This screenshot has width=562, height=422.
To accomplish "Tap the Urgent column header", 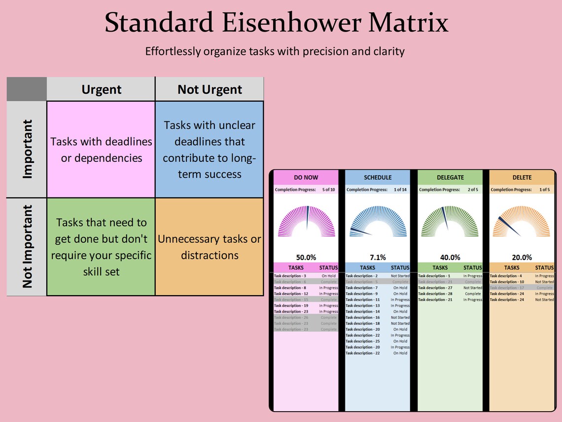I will (101, 89).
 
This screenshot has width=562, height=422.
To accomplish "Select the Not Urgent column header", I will (210, 89).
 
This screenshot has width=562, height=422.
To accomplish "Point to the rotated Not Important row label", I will (27, 246).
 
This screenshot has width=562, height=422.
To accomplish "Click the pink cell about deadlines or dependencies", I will (101, 150).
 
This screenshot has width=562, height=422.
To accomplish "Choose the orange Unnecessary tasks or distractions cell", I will (210, 247).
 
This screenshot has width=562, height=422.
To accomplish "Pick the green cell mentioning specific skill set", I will (101, 247).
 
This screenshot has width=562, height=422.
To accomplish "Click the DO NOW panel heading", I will (306, 177).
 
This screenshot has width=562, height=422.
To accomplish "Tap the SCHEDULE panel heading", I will (378, 177).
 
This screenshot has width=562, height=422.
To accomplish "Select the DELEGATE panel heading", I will (450, 177).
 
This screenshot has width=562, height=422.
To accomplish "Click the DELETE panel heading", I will (522, 177).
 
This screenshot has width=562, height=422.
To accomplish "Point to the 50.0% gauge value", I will (306, 257).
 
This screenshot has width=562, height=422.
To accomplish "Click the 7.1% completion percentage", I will (378, 257).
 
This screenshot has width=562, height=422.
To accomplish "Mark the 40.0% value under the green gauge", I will (450, 257).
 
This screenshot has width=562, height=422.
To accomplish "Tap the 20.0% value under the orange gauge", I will (522, 257).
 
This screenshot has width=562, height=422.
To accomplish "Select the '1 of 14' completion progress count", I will (400, 190).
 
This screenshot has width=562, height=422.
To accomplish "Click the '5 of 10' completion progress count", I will (329, 190).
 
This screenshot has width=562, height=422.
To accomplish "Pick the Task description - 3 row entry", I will (290, 276).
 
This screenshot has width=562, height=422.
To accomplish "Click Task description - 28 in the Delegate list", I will (435, 294).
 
